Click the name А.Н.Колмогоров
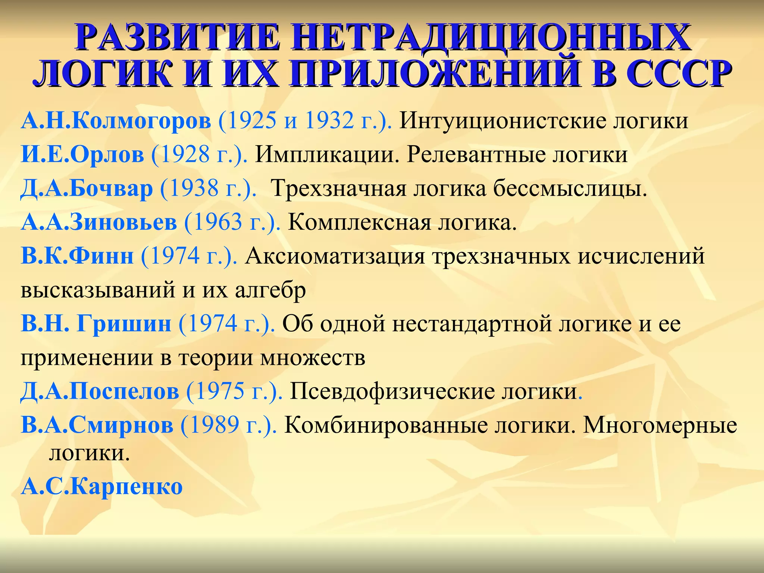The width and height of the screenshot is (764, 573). point(116,121)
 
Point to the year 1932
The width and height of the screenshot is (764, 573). point(329,121)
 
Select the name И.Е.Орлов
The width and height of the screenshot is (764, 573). point(82,154)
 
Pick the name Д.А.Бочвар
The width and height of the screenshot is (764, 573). point(87,188)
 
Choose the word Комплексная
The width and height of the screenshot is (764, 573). point(358,222)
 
